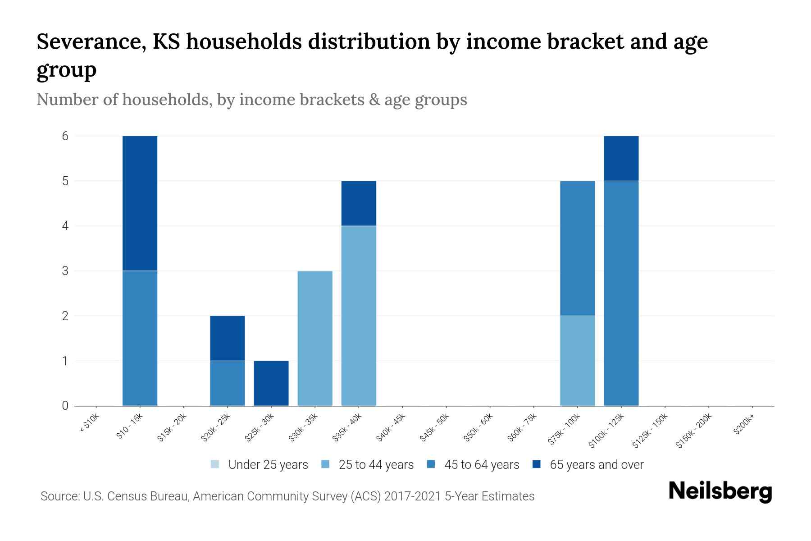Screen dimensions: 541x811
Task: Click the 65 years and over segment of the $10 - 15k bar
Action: [x=140, y=203]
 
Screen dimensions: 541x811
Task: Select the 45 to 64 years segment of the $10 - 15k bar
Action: [x=140, y=338]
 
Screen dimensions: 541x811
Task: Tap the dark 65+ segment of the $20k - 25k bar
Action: [x=228, y=338]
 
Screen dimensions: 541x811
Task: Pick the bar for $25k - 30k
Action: [x=271, y=383]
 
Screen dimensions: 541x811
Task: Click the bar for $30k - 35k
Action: [x=315, y=338]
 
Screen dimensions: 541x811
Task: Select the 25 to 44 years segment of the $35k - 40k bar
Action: [x=359, y=316]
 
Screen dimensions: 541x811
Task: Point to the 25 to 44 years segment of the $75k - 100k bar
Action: [x=577, y=361]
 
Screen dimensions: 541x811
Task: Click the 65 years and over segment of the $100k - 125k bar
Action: [x=621, y=158]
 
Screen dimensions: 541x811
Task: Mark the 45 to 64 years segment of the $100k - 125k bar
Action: [x=621, y=293]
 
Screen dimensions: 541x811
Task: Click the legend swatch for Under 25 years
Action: [x=215, y=464]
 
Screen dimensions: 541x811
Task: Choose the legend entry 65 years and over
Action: [x=597, y=465]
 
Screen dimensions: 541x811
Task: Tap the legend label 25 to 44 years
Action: [x=376, y=465]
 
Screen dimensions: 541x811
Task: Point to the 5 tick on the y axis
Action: [x=65, y=181]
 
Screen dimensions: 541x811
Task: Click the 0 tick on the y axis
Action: [x=65, y=406]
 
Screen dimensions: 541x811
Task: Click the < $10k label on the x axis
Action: [x=90, y=424]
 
